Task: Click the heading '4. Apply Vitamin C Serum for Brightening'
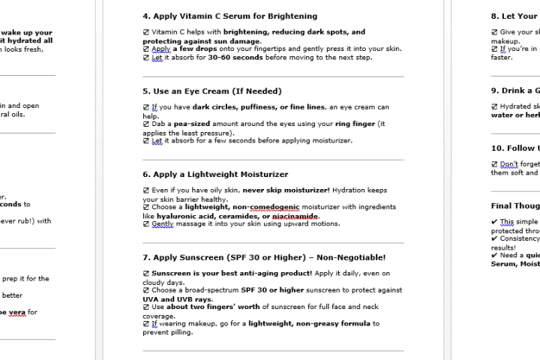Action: tap(229, 16)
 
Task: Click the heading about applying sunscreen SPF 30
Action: tap(264, 257)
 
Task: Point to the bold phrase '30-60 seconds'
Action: tap(235, 57)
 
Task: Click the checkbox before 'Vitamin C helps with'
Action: tap(146, 32)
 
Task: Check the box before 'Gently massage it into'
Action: tap(146, 223)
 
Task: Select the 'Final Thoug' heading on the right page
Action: tap(514, 205)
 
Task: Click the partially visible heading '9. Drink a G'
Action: tap(514, 91)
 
